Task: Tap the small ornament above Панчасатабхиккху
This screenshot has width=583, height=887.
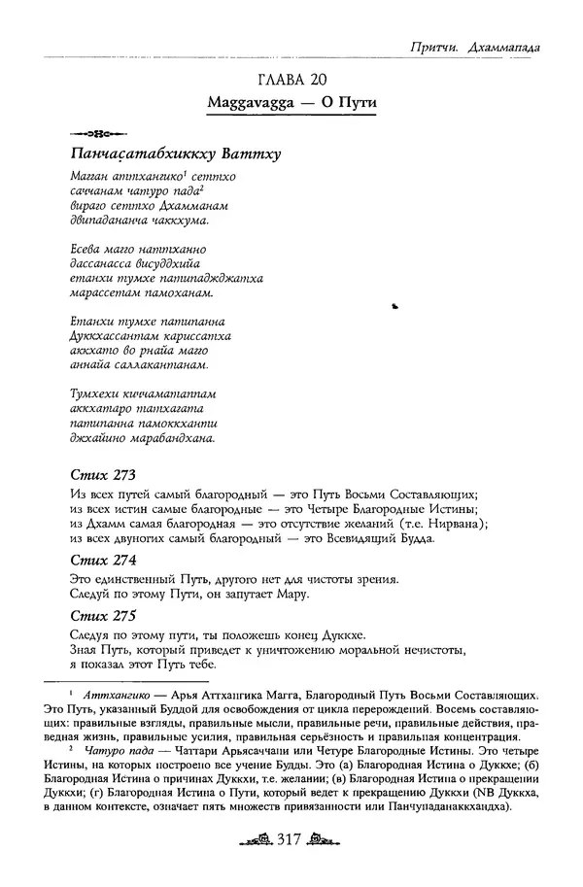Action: tap(92, 132)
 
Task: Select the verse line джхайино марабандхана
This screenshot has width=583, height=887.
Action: tap(142, 439)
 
